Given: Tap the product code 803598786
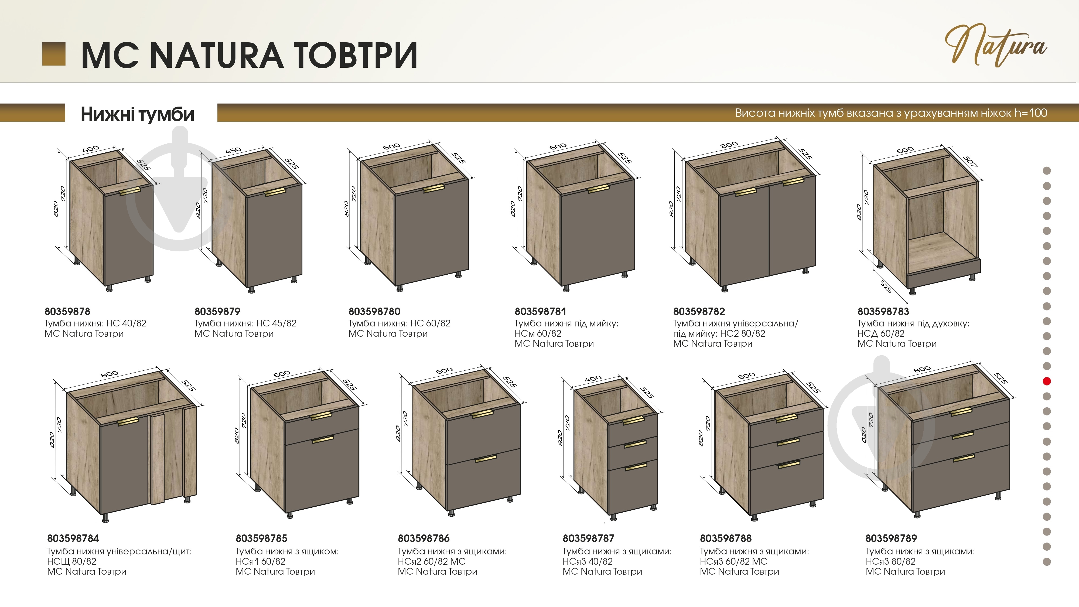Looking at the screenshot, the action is pos(424,538).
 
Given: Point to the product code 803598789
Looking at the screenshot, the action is pos(891,538).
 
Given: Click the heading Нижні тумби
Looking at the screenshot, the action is pos(137,114).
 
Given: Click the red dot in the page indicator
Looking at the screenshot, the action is pos(1047,381).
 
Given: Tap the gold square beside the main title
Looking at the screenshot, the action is pos(54,54).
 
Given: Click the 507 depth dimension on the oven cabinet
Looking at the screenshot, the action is pos(971,161).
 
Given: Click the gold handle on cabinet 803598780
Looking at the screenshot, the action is pos(433,189).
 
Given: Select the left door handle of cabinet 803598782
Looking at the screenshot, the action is pos(746,192).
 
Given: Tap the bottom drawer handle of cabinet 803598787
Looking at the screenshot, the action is pos(636,467).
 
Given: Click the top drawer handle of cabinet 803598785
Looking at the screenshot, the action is pos(321,415).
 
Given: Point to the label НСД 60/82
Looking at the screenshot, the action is pos(881,333).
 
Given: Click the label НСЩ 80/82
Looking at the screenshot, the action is pos(72,561).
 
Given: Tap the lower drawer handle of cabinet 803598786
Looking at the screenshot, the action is pos(486,459).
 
